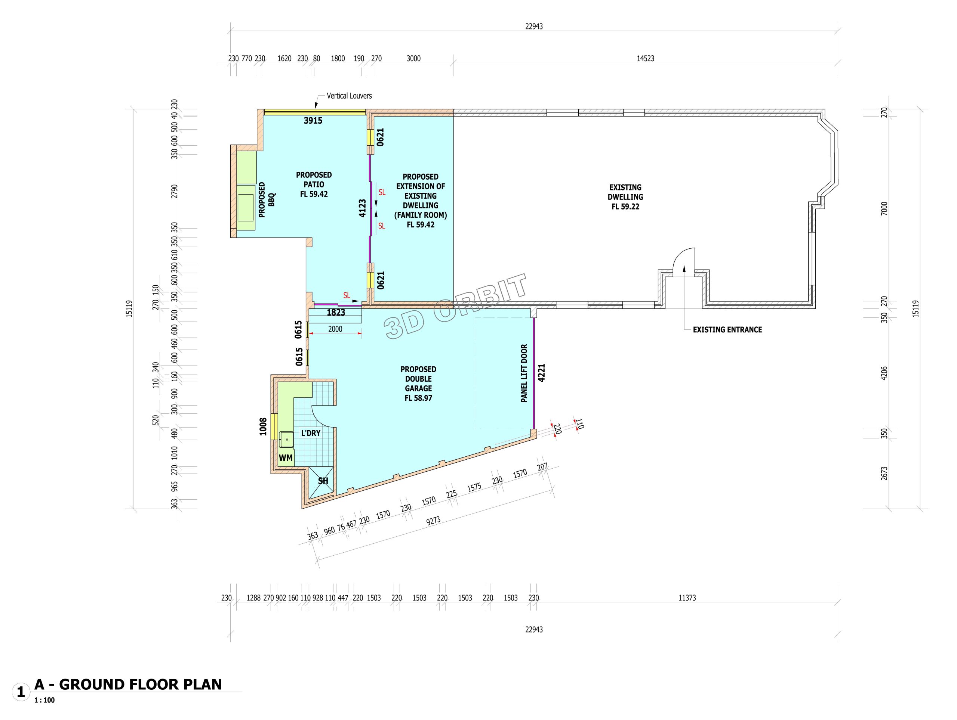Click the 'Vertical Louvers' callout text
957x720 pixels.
click(349, 96)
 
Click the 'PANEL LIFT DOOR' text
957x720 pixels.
click(524, 373)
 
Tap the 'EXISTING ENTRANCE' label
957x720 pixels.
click(727, 330)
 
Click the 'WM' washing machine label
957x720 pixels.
click(286, 458)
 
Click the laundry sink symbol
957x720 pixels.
click(286, 440)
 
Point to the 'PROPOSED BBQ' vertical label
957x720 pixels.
click(267, 200)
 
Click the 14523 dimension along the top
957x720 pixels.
click(646, 58)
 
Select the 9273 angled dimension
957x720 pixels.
click(433, 521)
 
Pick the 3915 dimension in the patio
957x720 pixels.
click(313, 121)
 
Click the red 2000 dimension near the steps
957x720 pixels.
click(335, 329)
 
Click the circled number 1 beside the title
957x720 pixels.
click(20, 692)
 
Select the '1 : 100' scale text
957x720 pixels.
click(44, 700)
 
